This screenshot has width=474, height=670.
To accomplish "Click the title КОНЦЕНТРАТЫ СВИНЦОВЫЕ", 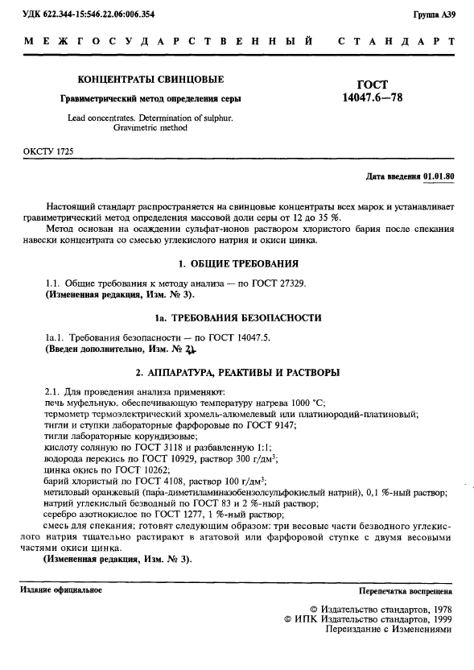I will (x=150, y=80).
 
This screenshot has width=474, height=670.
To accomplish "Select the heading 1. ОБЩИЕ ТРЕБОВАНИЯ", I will (x=237, y=264).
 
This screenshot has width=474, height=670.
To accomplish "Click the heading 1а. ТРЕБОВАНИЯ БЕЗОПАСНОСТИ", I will (x=237, y=318).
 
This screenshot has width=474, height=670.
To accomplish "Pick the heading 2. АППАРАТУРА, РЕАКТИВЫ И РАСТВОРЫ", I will (x=237, y=372).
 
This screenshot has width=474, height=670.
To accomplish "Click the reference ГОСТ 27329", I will (x=276, y=282).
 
